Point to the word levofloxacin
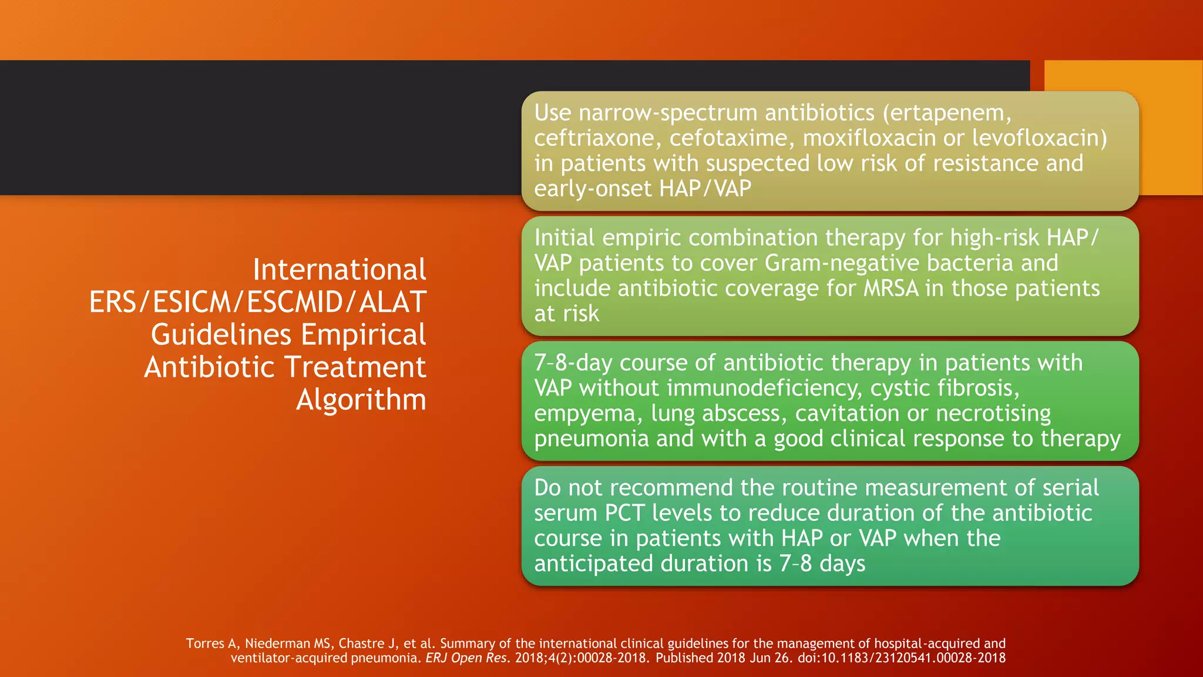1039,138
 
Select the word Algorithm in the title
361,400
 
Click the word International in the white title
339,270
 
